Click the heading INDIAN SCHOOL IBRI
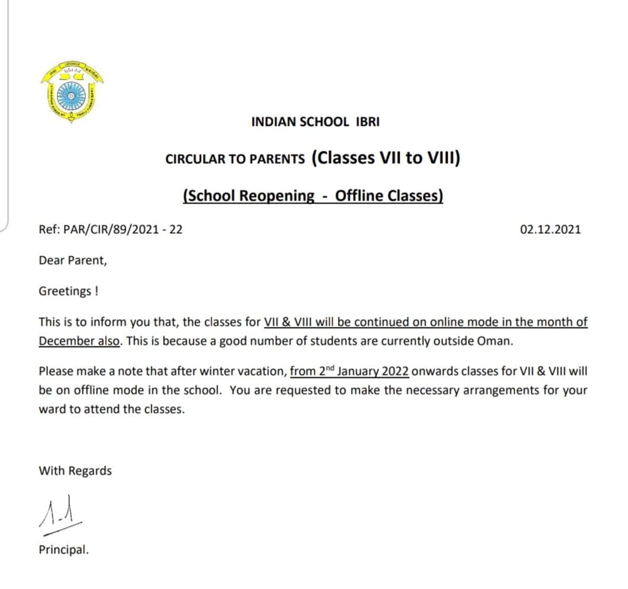pos(315,122)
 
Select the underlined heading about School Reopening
pos(313,196)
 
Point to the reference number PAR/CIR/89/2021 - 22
pos(110,229)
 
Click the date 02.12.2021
pos(550,229)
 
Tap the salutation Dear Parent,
pos(73,260)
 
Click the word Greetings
pos(62,291)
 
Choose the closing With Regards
pos(75,471)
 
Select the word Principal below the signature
pos(63,550)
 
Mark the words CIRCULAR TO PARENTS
pos(235,159)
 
